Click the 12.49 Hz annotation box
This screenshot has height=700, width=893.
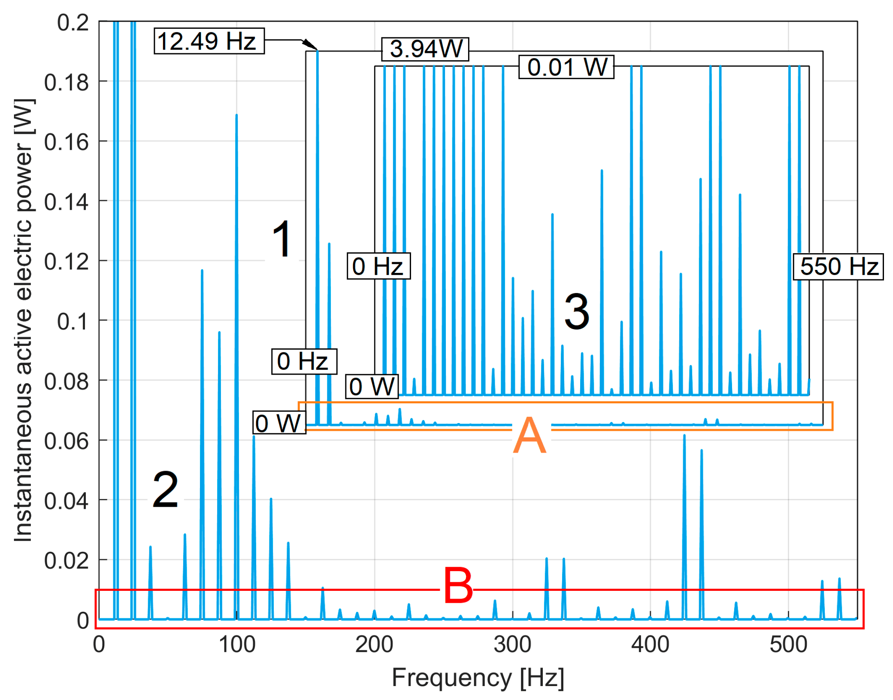pos(209,41)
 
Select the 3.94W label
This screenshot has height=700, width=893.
pos(426,49)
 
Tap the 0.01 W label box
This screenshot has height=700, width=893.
pos(567,67)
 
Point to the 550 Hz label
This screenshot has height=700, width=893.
pos(838,267)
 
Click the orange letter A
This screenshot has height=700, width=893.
pos(530,435)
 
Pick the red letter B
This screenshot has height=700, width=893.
pos(458,586)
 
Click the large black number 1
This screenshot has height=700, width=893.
pos(282,239)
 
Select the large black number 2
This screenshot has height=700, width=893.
pos(165,490)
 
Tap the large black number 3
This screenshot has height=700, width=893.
pos(577,312)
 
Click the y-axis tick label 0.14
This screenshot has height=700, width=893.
pos(66,202)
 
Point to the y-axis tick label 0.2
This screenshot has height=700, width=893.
pos(73,23)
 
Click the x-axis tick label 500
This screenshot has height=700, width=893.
pos(788,645)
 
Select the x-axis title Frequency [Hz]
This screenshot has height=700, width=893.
pos(478,678)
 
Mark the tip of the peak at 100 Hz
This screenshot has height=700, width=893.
pos(236,115)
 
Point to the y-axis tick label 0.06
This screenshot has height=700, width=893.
pos(66,442)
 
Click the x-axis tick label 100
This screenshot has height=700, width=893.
pos(237,645)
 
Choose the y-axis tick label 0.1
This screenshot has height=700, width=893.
pos(72,322)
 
